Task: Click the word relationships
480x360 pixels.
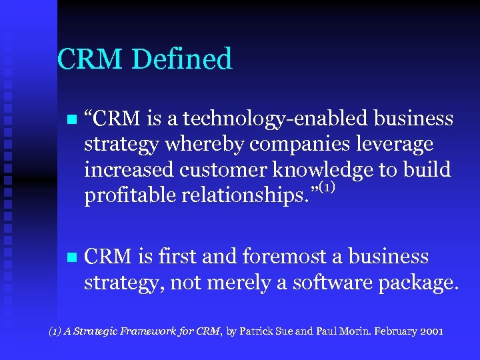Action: click(238, 195)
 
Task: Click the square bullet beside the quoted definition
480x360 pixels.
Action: click(71, 120)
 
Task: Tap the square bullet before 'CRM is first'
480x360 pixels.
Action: click(71, 258)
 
